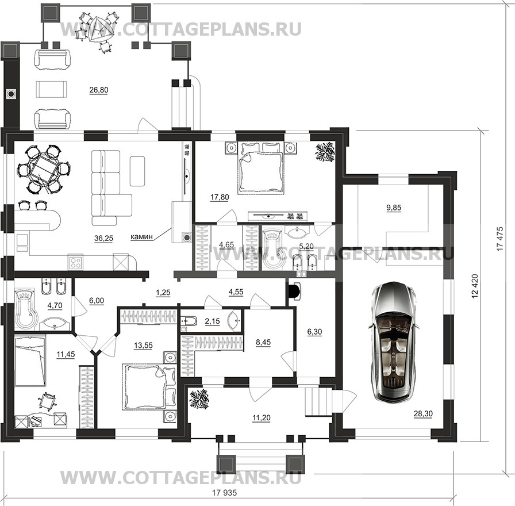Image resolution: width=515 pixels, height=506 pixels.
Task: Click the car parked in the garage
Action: (x=394, y=342)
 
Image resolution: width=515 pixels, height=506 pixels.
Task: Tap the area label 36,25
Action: (x=103, y=239)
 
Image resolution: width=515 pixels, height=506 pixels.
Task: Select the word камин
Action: (x=141, y=236)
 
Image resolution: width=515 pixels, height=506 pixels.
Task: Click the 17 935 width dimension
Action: (x=225, y=493)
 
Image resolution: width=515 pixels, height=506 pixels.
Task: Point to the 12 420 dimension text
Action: (x=475, y=286)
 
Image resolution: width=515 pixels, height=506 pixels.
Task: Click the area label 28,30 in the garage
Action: (x=423, y=413)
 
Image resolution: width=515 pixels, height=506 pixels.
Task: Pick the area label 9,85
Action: (x=394, y=208)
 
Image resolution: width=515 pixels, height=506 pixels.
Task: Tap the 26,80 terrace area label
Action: (x=98, y=90)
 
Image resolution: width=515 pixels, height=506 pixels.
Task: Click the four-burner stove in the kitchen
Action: (x=76, y=262)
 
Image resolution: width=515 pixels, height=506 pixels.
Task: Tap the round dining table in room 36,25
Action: (x=43, y=169)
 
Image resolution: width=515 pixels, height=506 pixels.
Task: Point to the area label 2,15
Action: (x=212, y=321)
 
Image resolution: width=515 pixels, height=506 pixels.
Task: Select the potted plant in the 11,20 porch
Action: (x=199, y=399)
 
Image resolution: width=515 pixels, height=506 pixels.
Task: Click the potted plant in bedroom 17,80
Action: (x=325, y=151)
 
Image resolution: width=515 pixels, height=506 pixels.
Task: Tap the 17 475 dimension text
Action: (x=499, y=239)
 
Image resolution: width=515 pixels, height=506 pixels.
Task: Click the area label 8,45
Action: (x=263, y=342)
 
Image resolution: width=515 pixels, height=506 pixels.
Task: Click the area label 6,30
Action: (x=314, y=332)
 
